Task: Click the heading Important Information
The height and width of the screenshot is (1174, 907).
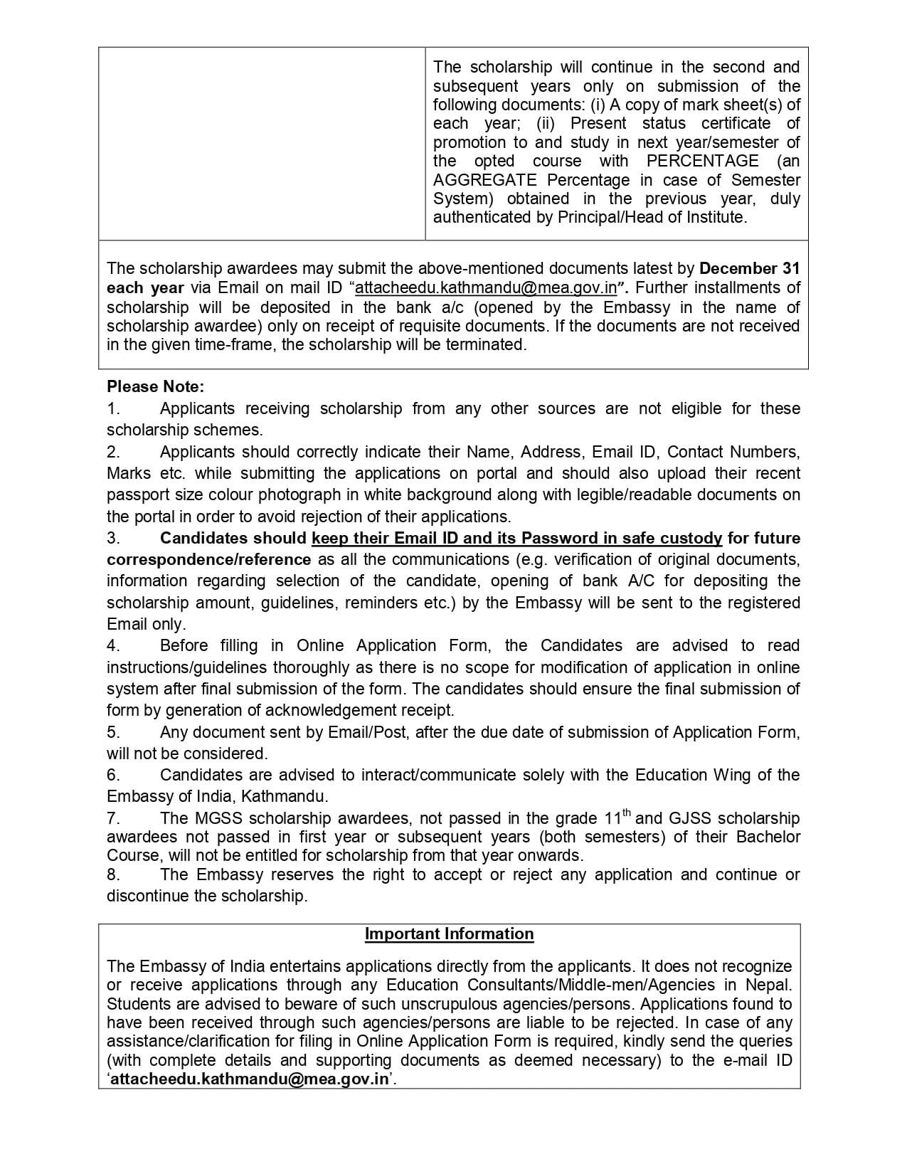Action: [x=449, y=934]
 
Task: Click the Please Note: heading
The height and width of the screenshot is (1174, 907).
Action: [x=155, y=387]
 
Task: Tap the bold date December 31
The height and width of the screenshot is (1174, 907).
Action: [x=749, y=269]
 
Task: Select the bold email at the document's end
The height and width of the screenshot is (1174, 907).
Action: [x=248, y=1079]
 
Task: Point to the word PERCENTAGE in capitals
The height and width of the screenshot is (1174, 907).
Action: [x=702, y=162]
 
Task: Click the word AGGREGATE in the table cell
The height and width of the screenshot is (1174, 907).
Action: [x=484, y=180]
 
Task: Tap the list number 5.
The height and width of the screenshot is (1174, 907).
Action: [x=113, y=732]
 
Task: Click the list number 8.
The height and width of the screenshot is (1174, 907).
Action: [x=113, y=874]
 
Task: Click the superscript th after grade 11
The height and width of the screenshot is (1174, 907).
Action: [x=627, y=813]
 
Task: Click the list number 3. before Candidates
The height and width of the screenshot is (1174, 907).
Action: [x=113, y=539]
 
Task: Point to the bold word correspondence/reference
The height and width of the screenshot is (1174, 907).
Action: [x=208, y=560]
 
